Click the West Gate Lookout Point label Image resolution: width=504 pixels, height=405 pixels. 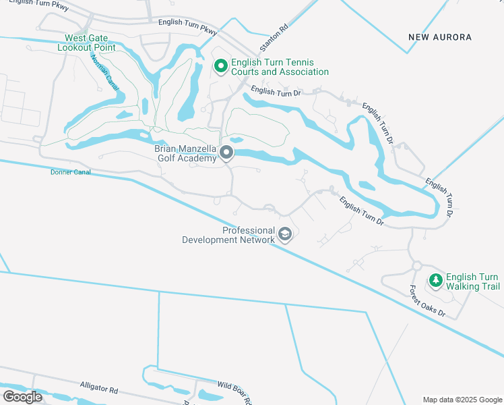click(86, 43)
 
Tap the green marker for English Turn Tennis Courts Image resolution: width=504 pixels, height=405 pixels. click(220, 66)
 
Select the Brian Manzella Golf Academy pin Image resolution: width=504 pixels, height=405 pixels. click(227, 153)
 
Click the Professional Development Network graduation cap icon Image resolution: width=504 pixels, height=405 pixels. click(285, 234)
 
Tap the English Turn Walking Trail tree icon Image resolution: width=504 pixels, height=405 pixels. click(436, 279)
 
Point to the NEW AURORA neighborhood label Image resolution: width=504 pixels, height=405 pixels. click(440, 36)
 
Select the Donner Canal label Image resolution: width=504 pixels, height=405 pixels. click(70, 172)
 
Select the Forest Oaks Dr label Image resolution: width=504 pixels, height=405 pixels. click(428, 301)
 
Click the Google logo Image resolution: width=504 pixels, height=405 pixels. click(22, 397)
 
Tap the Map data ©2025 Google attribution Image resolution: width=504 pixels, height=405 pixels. click(462, 400)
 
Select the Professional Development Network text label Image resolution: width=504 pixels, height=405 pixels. click(229, 235)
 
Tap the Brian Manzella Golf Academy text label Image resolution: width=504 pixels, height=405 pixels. click(187, 153)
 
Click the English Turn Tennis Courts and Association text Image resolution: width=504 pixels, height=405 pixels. click(280, 67)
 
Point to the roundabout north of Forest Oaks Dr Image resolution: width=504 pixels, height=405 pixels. click(416, 266)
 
